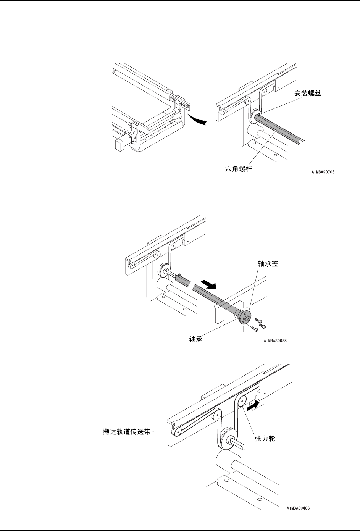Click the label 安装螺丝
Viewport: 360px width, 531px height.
307,94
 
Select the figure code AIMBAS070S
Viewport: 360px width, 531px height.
323,172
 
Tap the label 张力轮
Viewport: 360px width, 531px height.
265,439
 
